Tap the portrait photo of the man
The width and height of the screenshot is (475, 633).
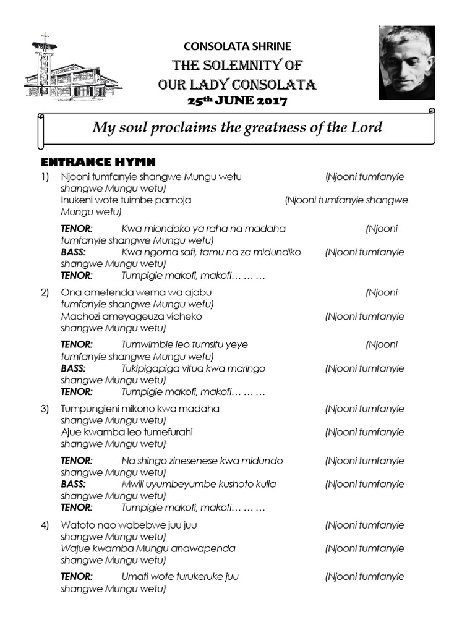(x=406, y=62)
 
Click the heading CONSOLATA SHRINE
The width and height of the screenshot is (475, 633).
(x=237, y=46)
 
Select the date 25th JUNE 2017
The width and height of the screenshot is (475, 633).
(x=237, y=100)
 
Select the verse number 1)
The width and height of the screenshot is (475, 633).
(x=45, y=177)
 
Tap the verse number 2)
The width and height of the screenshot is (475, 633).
(x=45, y=292)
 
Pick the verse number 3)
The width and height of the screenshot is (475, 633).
(x=45, y=409)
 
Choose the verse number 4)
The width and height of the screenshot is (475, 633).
(x=45, y=525)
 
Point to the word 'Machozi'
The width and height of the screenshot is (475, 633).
(x=80, y=316)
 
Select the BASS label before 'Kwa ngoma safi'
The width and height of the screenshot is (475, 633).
(x=73, y=252)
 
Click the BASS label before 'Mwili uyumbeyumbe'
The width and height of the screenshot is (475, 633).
(x=73, y=484)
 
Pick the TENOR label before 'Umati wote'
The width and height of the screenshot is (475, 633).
(x=77, y=577)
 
